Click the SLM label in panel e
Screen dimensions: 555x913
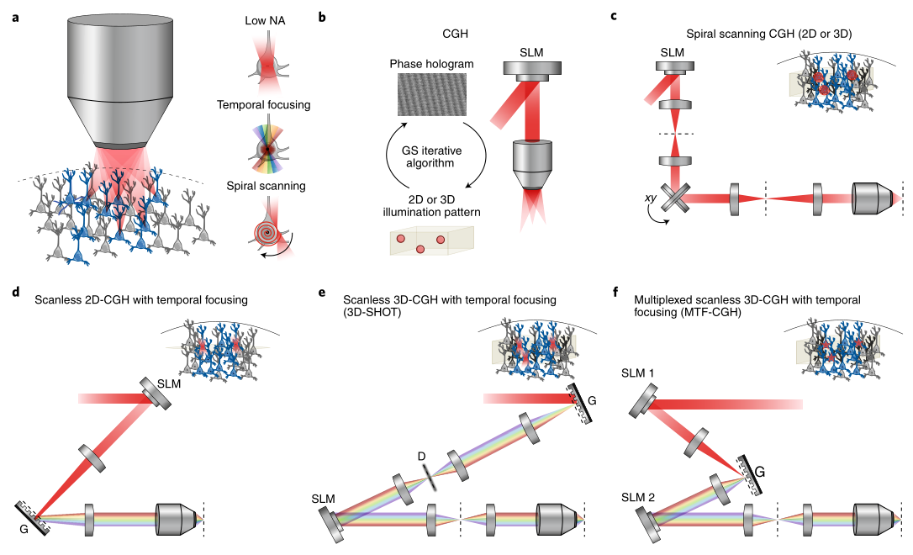[x=323, y=499]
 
